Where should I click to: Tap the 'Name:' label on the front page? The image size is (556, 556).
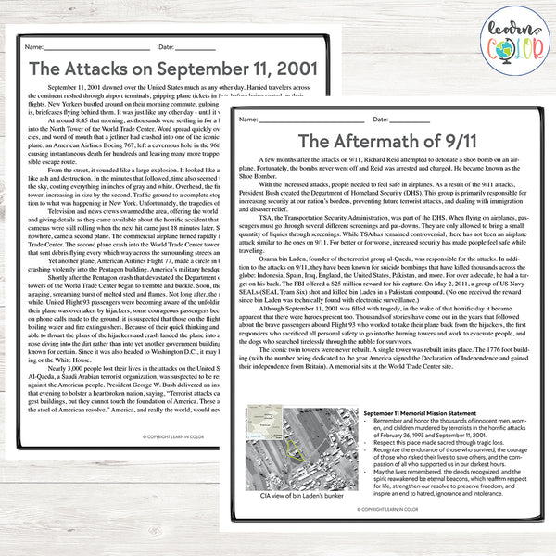coord(247,120)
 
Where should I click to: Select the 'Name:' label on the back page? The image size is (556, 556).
coord(34,45)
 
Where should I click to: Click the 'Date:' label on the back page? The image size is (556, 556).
coord(168,45)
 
